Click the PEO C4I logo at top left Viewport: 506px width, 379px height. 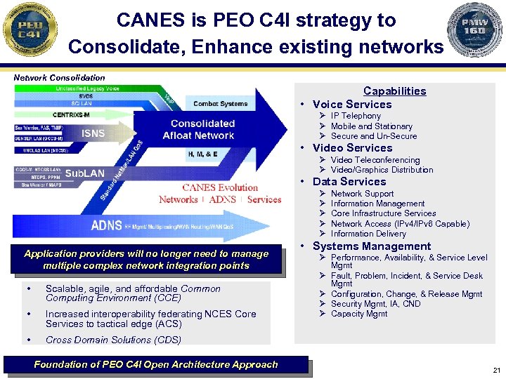(29, 30)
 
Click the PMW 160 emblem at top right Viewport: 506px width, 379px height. (476, 30)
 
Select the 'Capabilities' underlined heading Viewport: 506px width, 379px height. (394, 91)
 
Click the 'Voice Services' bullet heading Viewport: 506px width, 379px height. (352, 105)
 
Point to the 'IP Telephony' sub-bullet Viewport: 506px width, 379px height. (356, 116)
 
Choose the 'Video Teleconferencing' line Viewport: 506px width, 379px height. (375, 160)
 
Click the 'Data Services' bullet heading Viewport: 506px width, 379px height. (349, 181)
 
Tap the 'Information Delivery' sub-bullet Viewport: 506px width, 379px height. (368, 234)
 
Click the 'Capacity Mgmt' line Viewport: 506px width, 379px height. (359, 314)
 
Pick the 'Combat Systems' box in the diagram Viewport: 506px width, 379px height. (221, 104)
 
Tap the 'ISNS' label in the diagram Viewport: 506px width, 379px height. (93, 133)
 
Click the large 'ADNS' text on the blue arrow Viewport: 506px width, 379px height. (105, 225)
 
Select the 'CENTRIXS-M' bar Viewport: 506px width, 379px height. (72, 114)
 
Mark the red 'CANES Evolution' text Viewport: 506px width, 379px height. (220, 187)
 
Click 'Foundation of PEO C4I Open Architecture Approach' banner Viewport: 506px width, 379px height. (156, 365)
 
